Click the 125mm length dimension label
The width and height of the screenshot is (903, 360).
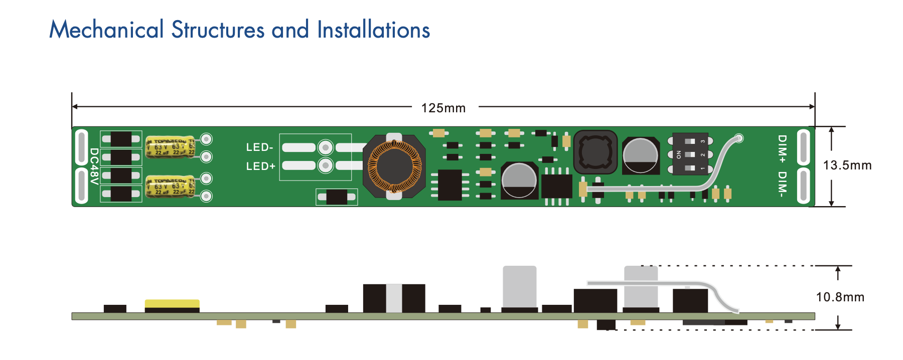click(x=443, y=108)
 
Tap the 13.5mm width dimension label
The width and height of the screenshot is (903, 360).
click(x=847, y=165)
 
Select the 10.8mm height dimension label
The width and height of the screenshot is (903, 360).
click(x=840, y=297)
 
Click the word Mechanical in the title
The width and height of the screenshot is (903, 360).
click(x=106, y=30)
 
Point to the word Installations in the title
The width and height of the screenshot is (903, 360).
click(x=373, y=30)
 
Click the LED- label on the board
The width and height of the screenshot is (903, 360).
click(x=259, y=147)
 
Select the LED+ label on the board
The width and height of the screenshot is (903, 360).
click(x=260, y=166)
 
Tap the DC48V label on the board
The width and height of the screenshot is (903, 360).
click(x=94, y=166)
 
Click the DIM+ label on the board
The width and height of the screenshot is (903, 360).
click(x=782, y=149)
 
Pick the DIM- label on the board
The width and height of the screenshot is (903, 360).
click(x=782, y=184)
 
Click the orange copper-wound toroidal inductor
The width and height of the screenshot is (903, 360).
click(x=394, y=166)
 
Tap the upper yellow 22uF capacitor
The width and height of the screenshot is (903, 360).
click(x=170, y=147)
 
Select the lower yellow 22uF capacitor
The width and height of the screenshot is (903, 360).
click(x=170, y=186)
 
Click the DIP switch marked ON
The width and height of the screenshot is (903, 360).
click(x=690, y=154)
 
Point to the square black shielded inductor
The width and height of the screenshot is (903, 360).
click(x=595, y=152)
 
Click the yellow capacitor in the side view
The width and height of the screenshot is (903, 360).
click(x=172, y=303)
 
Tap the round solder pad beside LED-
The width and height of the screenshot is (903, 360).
click(x=326, y=147)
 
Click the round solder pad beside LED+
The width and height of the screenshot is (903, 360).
click(x=326, y=165)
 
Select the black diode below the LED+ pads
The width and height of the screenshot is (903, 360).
click(x=337, y=197)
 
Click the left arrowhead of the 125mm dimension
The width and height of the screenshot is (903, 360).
click(x=75, y=107)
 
